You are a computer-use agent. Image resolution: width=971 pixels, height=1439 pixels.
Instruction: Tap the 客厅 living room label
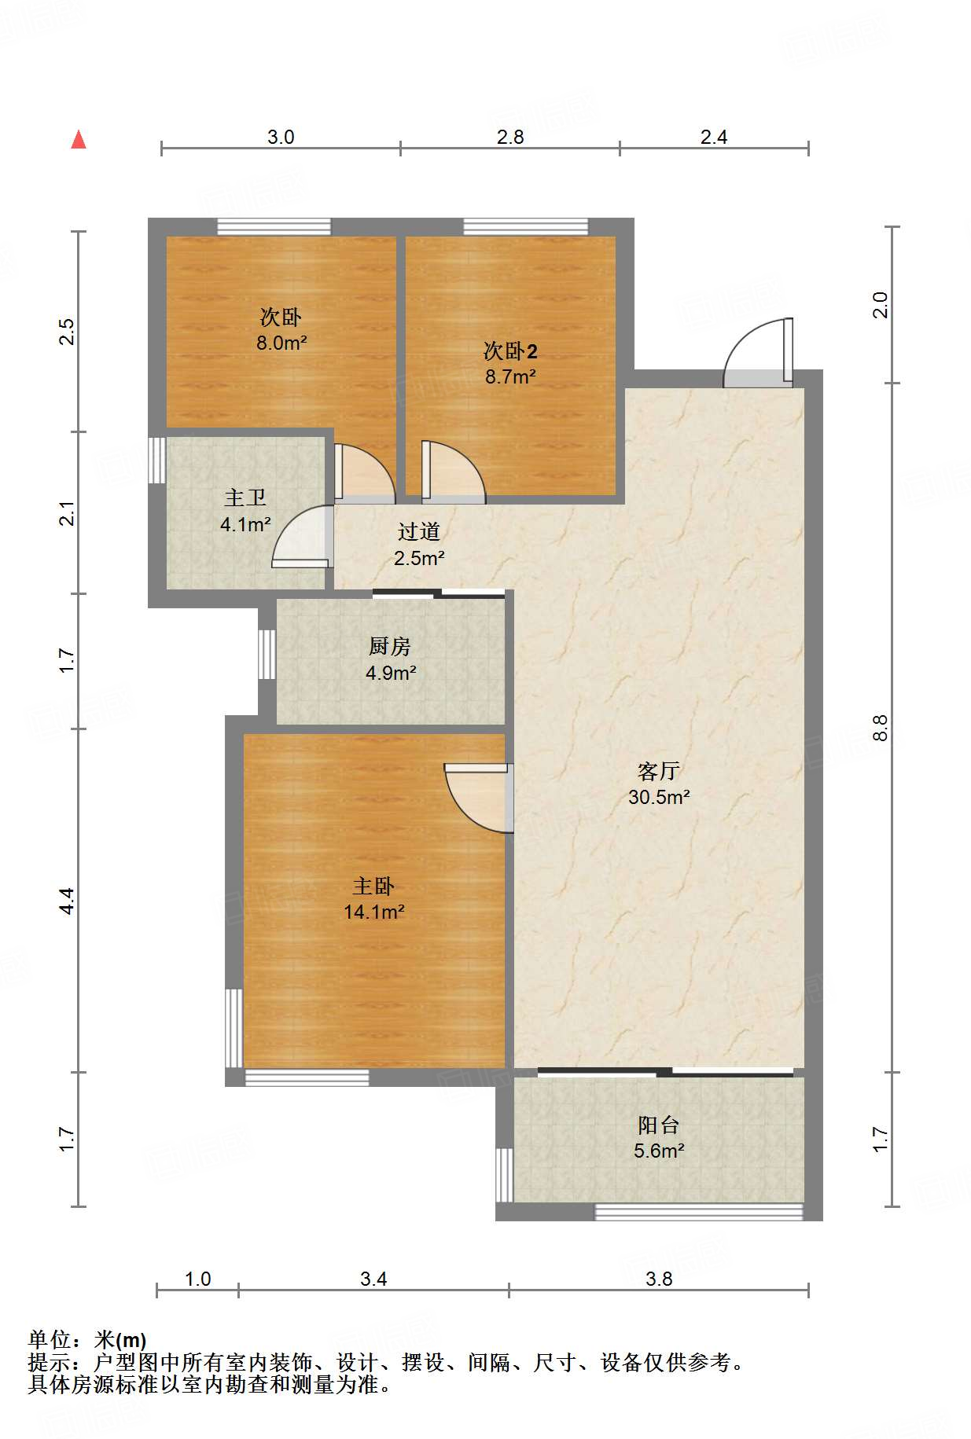[658, 771]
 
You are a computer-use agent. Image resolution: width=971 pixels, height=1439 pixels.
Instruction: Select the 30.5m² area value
[659, 797]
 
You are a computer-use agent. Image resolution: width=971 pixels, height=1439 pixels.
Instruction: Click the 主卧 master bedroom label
[373, 886]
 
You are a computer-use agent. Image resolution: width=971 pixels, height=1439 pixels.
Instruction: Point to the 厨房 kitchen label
[390, 646]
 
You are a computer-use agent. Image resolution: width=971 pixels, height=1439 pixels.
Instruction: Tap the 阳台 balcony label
[659, 1125]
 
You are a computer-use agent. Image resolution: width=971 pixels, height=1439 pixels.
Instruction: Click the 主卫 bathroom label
[245, 497]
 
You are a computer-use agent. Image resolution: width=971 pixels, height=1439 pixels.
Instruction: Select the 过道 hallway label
[418, 532]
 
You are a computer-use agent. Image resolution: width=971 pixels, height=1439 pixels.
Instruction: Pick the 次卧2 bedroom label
[510, 351]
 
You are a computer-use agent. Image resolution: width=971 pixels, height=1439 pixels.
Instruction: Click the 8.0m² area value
[281, 343]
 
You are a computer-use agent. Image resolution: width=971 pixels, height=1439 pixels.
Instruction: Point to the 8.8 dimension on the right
[881, 727]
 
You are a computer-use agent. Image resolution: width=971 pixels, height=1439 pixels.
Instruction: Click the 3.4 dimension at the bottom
[373, 1279]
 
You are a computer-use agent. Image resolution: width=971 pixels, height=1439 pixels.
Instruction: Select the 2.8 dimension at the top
[510, 137]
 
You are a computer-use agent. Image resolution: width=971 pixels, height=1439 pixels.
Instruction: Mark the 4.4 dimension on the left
[68, 900]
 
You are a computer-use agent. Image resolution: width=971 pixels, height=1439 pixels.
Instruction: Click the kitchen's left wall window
[267, 654]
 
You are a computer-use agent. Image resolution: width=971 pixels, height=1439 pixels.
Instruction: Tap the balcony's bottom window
[698, 1212]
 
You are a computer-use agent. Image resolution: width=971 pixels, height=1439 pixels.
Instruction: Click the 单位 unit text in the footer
[50, 1340]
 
